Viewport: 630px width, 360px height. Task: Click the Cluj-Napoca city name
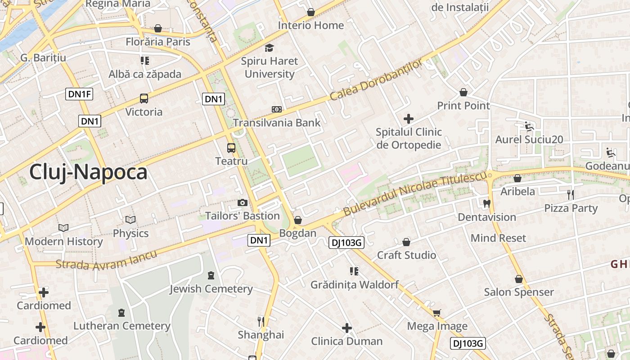coord(88,172)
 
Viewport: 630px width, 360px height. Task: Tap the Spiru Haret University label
coord(269,67)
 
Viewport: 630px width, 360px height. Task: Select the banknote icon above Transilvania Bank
coord(277,109)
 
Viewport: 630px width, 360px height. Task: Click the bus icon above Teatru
coord(231,148)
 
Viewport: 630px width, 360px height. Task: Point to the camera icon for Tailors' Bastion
coord(243,203)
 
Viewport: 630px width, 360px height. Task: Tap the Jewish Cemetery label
coord(211,289)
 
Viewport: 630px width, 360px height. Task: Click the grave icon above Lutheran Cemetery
coord(121,312)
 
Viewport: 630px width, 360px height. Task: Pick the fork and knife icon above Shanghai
coord(261,321)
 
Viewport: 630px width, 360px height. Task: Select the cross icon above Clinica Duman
coord(346,328)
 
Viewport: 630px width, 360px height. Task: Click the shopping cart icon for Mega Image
coord(436,313)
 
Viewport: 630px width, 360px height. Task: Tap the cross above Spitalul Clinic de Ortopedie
coord(409,119)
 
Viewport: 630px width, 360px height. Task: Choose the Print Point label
coord(463,106)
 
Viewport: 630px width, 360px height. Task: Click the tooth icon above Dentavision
coord(486,203)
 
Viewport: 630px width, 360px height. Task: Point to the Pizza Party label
coord(571,208)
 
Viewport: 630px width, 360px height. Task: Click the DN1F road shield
coord(79,94)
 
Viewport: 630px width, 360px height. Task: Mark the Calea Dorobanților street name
coord(376,80)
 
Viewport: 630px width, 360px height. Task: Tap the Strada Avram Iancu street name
coord(107,260)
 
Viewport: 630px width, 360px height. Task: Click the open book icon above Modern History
coord(63,228)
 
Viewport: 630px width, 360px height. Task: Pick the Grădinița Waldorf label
coord(355,285)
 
